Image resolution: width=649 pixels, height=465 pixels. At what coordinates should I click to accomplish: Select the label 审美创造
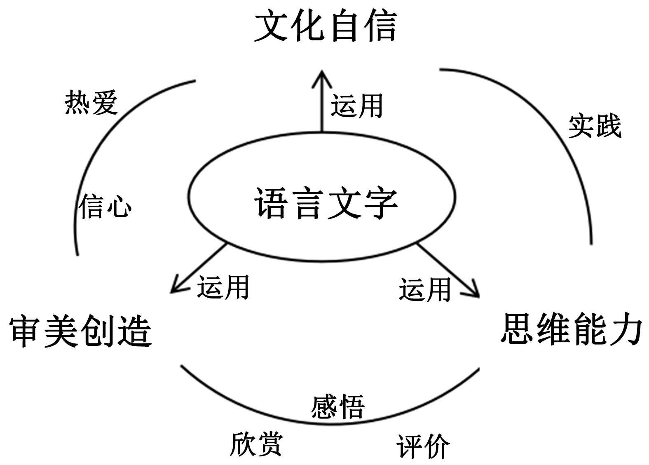pos(81,331)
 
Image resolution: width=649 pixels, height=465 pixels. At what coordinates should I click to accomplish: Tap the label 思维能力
pos(572,329)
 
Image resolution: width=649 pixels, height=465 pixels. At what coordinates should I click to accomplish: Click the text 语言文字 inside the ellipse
pos(326,203)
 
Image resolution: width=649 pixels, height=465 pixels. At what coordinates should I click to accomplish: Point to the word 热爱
pos(91,103)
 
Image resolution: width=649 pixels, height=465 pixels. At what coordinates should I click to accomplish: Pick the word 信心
pos(105,206)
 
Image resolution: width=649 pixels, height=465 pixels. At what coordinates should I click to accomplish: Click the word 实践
pos(595,126)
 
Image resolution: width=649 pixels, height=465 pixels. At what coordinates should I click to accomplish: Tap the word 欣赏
pos(256,444)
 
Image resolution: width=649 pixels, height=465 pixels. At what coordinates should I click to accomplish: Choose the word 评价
pos(423,446)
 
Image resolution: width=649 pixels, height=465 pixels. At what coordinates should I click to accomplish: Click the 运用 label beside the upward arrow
pos(357,106)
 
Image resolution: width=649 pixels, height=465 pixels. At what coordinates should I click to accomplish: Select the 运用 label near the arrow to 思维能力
pos(425,289)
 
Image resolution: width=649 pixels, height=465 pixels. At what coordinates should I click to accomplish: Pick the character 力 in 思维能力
pos(626,329)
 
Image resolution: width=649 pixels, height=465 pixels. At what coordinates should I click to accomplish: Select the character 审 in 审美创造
pos(26,331)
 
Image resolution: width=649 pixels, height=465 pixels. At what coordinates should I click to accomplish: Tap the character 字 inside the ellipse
pos(380,203)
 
